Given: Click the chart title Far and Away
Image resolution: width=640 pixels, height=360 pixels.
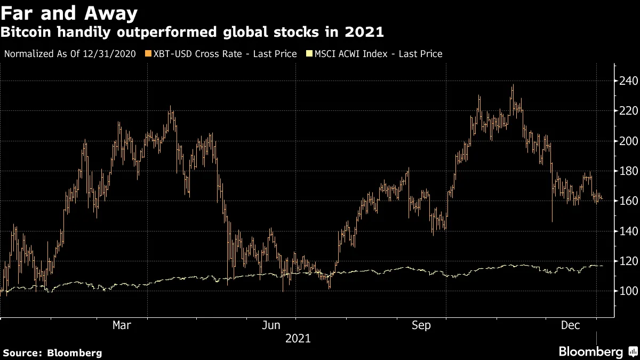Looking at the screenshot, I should tap(69, 12).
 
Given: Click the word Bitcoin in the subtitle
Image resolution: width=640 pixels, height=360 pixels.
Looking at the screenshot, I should tap(26, 32).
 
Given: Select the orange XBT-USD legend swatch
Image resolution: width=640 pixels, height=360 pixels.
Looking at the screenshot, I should tap(148, 54).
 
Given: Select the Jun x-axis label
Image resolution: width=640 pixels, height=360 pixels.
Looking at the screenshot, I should tap(271, 325).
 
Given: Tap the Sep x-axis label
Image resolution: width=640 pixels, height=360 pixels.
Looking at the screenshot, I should tap(421, 325).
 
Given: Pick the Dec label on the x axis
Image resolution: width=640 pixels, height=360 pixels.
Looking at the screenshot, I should tap(570, 325).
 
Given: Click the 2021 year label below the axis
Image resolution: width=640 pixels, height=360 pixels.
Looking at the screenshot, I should tap(298, 339).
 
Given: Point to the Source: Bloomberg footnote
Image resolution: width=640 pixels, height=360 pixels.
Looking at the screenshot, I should tap(52, 353).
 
